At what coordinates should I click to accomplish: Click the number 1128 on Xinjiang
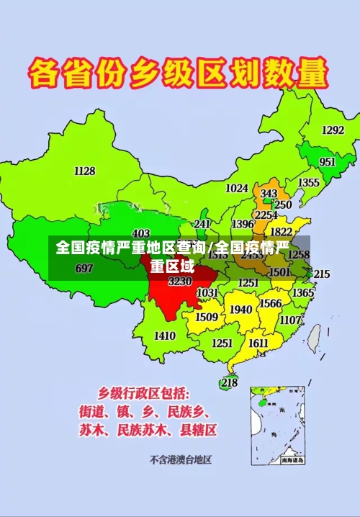pos(84,171)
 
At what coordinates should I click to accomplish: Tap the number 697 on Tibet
pos(84,269)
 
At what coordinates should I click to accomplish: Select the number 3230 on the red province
pos(180,282)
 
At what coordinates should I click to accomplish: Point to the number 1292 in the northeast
pos(333,130)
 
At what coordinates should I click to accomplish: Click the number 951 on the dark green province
pos(328,162)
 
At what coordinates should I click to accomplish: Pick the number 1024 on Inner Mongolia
pos(237,188)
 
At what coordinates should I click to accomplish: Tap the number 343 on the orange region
pos(269,194)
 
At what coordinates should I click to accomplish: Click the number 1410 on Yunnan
pos(165,336)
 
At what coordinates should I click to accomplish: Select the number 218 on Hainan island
pos(229,382)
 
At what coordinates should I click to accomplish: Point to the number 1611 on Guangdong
pos(258,343)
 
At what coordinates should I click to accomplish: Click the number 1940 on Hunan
pos(241,310)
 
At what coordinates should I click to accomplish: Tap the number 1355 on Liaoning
pos(309,183)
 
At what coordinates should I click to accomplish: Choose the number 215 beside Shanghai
pos(322,274)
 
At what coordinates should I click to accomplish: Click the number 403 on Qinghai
pos(141,233)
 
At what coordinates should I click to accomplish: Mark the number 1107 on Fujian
pos(291,320)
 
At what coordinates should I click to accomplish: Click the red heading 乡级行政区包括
pos(144,393)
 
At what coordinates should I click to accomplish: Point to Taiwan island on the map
pos(314,336)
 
